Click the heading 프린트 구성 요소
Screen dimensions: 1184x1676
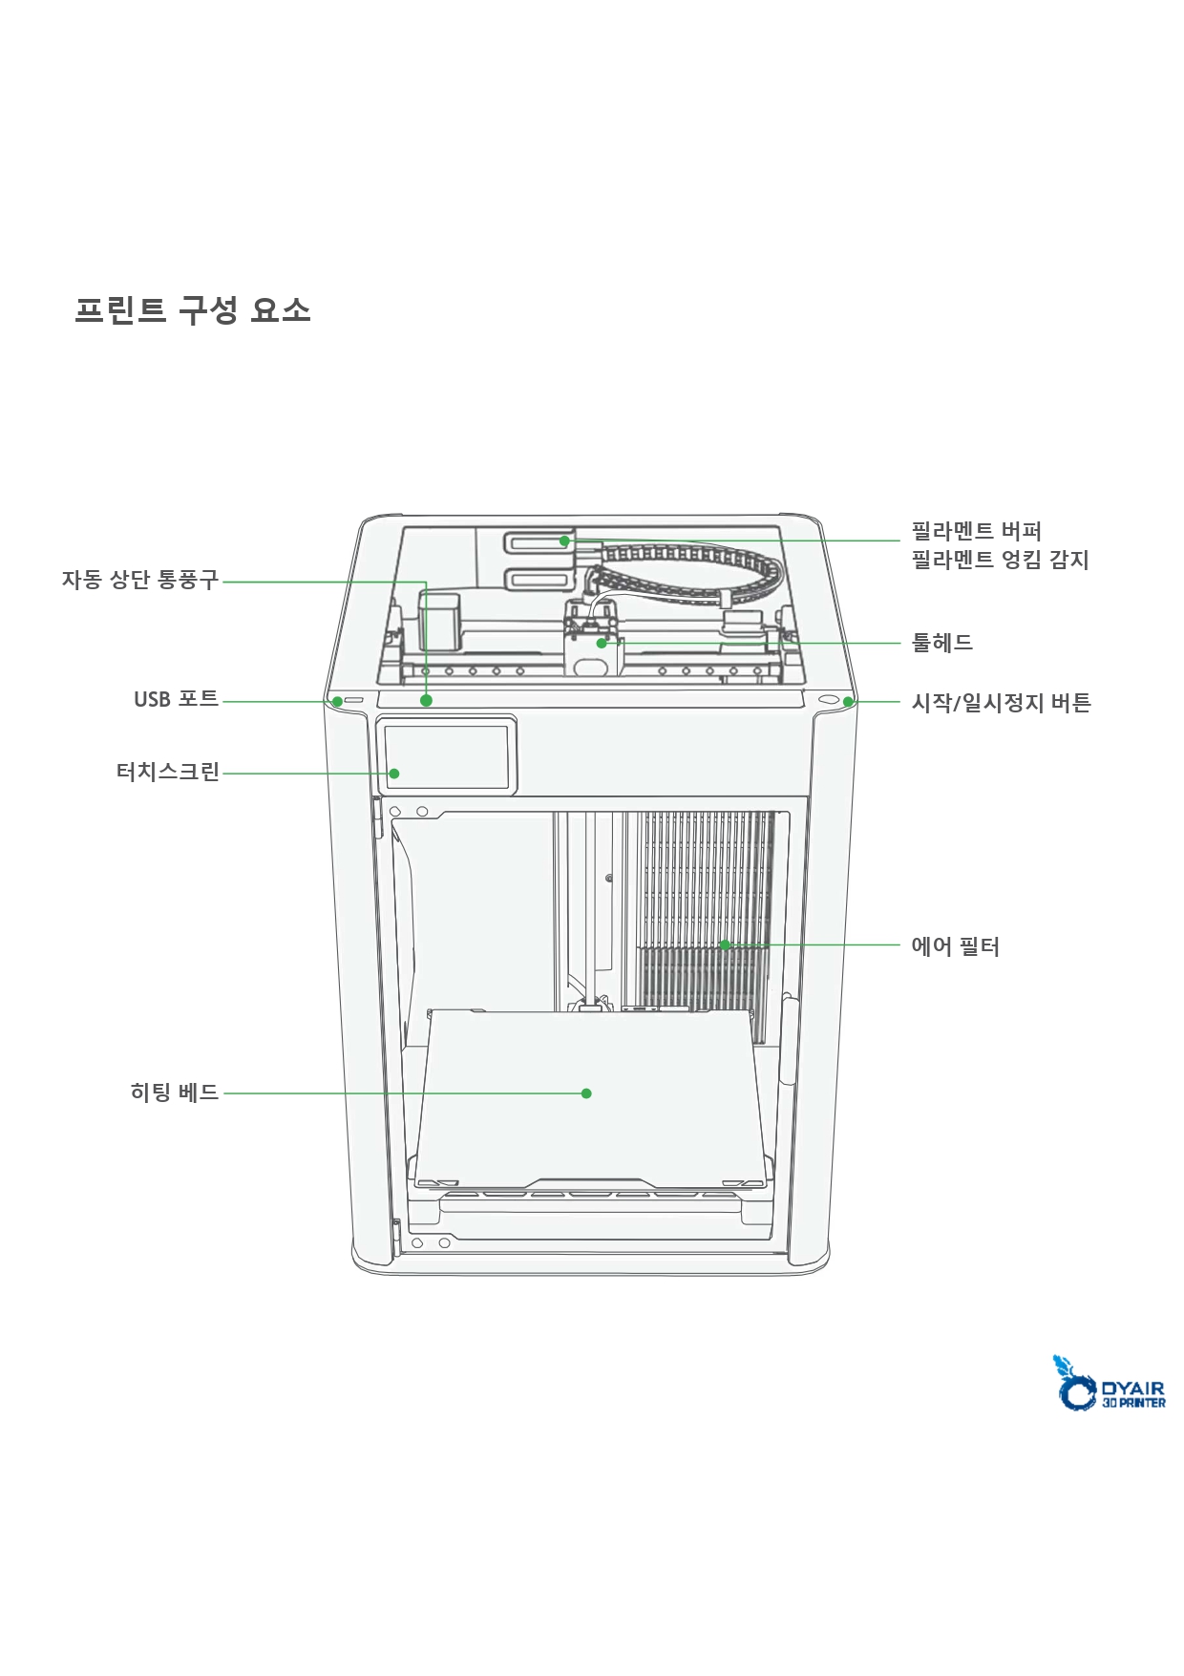[193, 310]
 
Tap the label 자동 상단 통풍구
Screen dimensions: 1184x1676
[140, 580]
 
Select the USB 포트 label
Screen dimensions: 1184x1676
[177, 699]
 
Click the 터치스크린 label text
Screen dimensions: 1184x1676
[168, 772]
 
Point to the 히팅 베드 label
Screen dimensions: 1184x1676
[175, 1092]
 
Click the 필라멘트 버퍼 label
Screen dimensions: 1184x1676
[976, 531]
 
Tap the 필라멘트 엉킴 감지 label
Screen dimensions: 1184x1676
[1000, 560]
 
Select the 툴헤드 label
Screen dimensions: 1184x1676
[942, 643]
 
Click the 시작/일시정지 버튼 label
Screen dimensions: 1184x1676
[1001, 703]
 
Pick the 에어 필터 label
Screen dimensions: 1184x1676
[955, 946]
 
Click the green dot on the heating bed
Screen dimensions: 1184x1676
[586, 1093]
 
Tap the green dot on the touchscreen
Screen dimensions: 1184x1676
[394, 774]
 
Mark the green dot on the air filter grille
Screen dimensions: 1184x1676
[725, 945]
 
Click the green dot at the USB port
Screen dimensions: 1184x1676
[337, 702]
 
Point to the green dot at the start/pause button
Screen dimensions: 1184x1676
[848, 703]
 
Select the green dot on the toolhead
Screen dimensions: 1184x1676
[602, 644]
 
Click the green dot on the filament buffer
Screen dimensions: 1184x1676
[564, 541]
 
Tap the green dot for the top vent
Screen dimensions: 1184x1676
[426, 700]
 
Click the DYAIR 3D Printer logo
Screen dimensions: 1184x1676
[1109, 1383]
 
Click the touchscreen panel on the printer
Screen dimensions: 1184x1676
[447, 756]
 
